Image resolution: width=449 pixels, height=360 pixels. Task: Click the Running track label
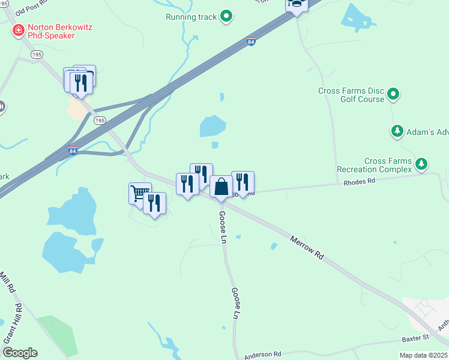coord(191,17)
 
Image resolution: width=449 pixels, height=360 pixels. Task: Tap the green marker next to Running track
coord(226,16)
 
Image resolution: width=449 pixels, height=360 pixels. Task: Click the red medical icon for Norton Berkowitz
coord(17,29)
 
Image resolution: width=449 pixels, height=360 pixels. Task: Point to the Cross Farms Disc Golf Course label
coord(351,95)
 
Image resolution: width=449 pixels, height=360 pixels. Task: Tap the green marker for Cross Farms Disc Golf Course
coord(393,94)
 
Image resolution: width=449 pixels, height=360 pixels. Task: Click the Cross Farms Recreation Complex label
coord(375,165)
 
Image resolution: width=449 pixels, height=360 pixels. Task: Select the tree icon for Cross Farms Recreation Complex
coord(422,163)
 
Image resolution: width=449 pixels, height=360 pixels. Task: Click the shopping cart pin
coord(139,193)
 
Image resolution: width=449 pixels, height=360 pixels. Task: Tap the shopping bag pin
coord(221,186)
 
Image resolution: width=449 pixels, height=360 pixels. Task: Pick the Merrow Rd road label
coord(307,247)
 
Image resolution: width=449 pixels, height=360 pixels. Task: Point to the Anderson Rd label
coord(262,354)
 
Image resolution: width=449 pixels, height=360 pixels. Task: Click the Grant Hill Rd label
coord(13,323)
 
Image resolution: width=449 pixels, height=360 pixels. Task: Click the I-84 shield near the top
coord(251,42)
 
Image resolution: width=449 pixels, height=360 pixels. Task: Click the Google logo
coord(20,353)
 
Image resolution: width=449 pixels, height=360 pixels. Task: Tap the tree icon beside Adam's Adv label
coord(397,131)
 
